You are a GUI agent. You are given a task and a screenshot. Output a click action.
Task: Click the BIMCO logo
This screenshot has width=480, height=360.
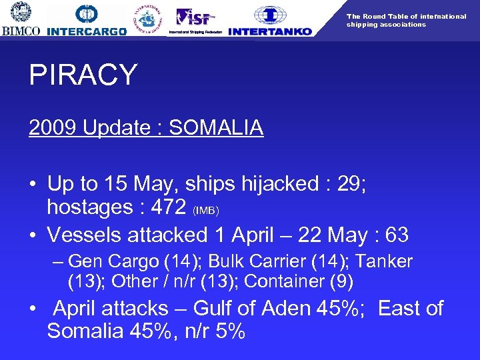point(21,19)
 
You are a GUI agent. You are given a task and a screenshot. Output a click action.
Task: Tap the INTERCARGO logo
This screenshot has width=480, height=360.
point(87,21)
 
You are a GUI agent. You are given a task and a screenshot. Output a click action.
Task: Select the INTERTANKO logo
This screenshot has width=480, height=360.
point(270,21)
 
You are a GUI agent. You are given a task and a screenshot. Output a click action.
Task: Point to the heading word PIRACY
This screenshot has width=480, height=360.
point(83,75)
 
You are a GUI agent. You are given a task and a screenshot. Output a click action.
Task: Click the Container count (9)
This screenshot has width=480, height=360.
point(341,281)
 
